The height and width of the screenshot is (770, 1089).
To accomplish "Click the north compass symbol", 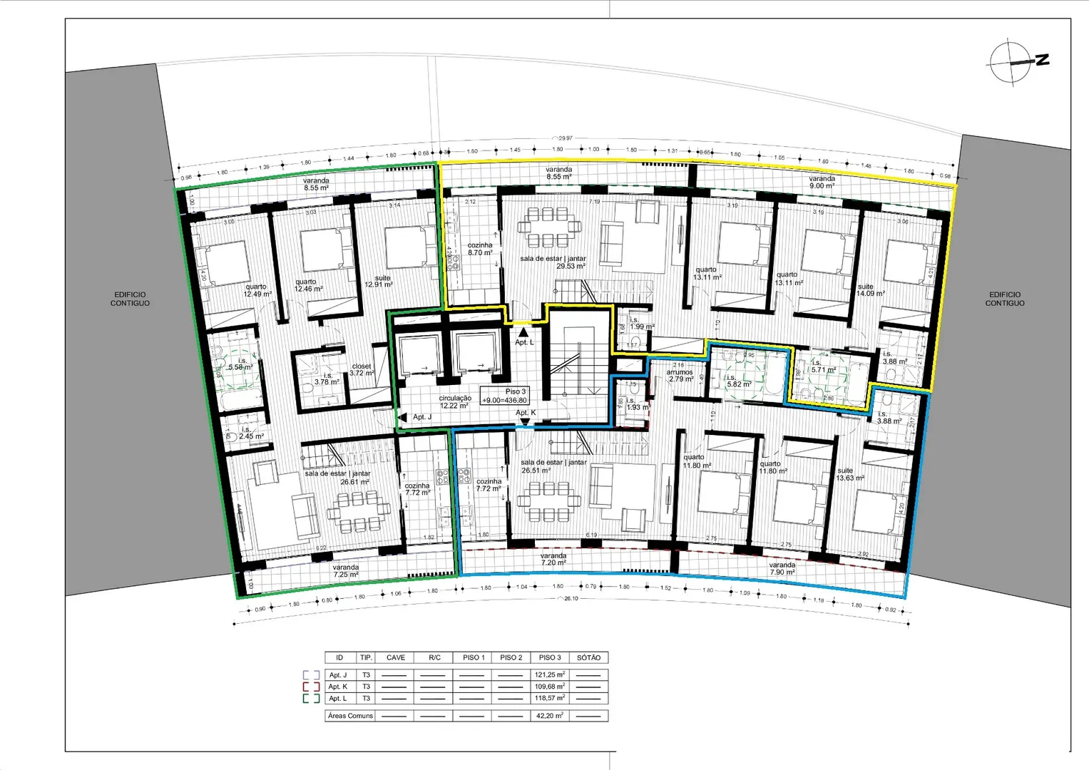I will click(x=1013, y=63).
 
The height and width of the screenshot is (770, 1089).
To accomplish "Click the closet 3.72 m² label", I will click(x=362, y=369).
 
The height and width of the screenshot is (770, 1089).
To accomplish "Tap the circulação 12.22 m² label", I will click(x=454, y=402).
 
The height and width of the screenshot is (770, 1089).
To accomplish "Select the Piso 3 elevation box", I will click(x=505, y=396).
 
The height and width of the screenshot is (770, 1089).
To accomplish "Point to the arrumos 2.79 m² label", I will click(x=680, y=376).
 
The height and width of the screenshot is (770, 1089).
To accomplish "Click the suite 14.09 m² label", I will click(x=870, y=290).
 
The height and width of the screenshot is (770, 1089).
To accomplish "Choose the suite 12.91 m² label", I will click(x=379, y=281).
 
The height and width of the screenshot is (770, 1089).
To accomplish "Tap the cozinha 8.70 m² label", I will click(x=480, y=249).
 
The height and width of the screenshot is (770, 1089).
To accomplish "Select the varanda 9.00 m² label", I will click(x=822, y=183).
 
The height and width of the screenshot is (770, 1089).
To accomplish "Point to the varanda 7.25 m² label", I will click(x=346, y=571).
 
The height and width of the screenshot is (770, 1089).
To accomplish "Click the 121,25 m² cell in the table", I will click(x=549, y=674).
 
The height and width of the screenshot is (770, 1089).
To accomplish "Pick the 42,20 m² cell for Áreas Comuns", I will click(x=549, y=716).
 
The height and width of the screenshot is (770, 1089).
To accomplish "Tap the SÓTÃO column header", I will click(x=588, y=657).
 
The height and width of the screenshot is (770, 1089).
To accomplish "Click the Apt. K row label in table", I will click(x=338, y=687).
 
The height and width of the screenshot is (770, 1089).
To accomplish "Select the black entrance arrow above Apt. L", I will click(x=524, y=332).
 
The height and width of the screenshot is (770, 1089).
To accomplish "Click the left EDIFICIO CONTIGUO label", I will click(x=130, y=299).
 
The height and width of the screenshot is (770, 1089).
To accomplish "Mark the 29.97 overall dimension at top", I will click(x=565, y=138).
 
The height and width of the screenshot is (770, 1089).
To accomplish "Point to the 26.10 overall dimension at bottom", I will click(x=571, y=599).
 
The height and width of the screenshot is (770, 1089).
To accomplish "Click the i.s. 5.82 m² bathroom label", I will click(x=738, y=381).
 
